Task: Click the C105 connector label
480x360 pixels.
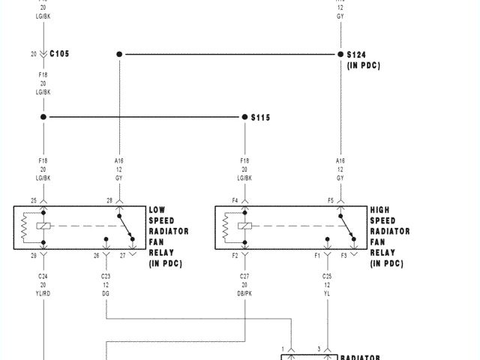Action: pyautogui.click(x=61, y=54)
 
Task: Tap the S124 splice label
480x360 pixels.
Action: pyautogui.click(x=356, y=55)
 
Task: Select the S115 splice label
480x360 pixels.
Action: pyautogui.click(x=259, y=118)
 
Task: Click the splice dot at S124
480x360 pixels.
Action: pyautogui.click(x=340, y=54)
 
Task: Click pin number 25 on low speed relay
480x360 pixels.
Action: pyautogui.click(x=34, y=200)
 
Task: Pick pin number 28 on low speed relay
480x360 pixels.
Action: pyautogui.click(x=109, y=200)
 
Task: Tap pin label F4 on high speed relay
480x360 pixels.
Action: pyautogui.click(x=235, y=200)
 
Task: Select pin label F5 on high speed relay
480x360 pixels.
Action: pyautogui.click(x=331, y=200)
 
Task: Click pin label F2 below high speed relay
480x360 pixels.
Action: pyautogui.click(x=235, y=256)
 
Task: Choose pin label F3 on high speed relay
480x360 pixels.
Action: pyautogui.click(x=343, y=256)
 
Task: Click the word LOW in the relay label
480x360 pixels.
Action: pyautogui.click(x=157, y=210)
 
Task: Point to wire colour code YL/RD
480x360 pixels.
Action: pyautogui.click(x=43, y=293)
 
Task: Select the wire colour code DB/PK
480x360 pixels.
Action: pyautogui.click(x=244, y=293)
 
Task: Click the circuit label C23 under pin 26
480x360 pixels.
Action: pyautogui.click(x=106, y=277)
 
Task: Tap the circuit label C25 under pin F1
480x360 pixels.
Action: pyautogui.click(x=327, y=277)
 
